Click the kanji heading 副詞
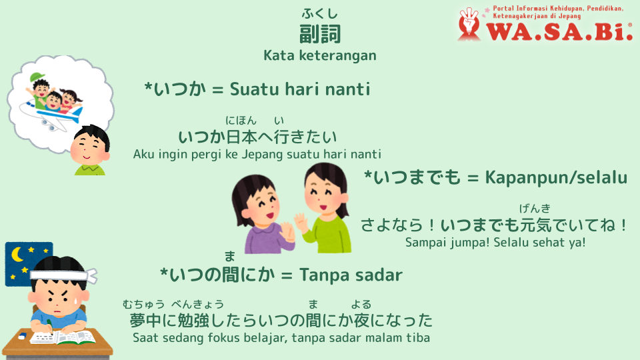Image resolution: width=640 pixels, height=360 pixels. (x=320, y=34)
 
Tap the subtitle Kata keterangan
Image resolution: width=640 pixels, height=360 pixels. (x=320, y=55)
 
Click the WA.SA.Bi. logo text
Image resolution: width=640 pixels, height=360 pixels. (x=559, y=32)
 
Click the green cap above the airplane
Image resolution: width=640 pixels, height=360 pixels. (x=37, y=77)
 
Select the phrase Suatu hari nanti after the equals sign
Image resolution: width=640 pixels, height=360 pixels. (x=300, y=89)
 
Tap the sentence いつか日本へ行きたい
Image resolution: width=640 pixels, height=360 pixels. (x=257, y=137)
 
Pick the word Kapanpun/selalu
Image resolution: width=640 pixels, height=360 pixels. (x=556, y=177)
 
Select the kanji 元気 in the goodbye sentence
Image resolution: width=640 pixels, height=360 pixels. (x=535, y=225)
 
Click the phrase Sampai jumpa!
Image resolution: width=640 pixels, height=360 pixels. (x=447, y=243)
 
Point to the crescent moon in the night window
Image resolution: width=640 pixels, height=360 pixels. (x=17, y=255)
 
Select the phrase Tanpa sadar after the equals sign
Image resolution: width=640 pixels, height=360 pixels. (x=351, y=275)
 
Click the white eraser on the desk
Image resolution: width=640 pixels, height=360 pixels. (x=23, y=335)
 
